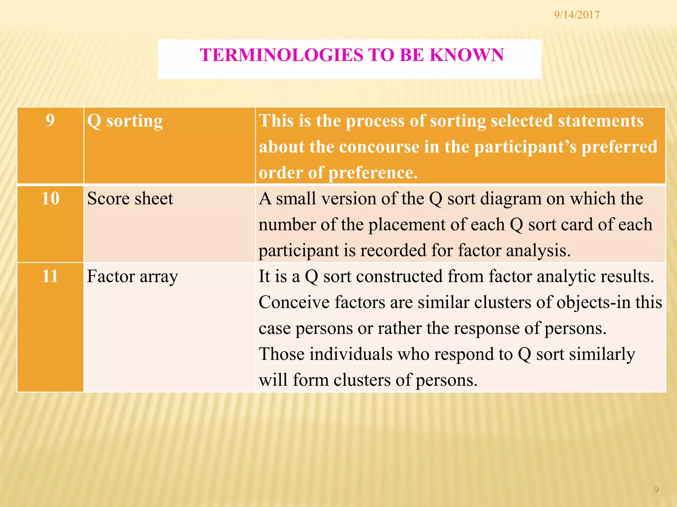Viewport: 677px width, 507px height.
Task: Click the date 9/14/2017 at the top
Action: click(x=577, y=15)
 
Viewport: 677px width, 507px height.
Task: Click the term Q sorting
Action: click(x=125, y=121)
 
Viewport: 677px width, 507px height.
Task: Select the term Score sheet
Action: click(x=130, y=199)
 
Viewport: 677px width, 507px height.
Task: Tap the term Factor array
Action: click(x=132, y=277)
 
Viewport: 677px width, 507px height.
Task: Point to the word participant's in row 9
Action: click(x=525, y=147)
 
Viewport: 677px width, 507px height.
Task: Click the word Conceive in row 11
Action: click(x=294, y=302)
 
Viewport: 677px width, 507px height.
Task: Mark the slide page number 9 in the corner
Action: click(x=656, y=489)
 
